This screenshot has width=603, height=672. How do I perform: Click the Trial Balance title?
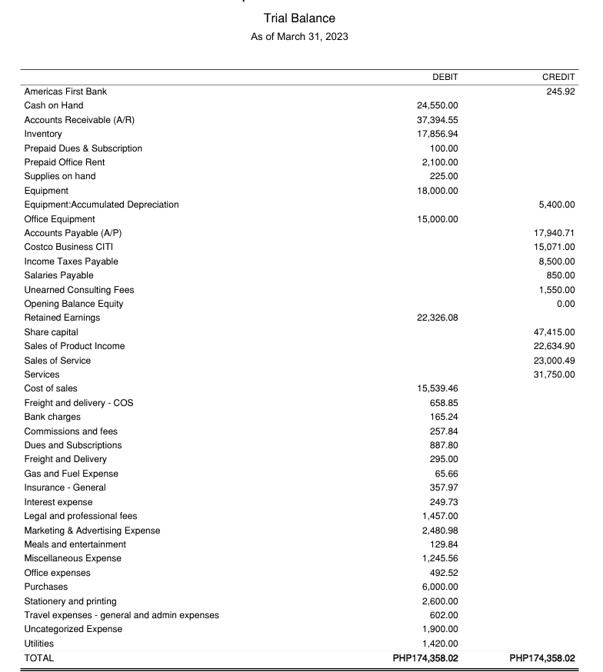coord(299,18)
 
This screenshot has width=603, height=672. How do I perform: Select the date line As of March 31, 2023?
coord(299,37)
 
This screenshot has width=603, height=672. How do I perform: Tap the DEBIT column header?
coord(445,77)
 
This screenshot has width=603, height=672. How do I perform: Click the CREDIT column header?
coord(558,77)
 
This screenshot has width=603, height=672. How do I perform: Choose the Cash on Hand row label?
coord(54,105)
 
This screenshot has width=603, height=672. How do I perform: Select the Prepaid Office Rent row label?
coord(65,162)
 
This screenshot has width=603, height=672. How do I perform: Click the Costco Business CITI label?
coord(68,247)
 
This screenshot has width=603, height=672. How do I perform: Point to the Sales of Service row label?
coord(58,361)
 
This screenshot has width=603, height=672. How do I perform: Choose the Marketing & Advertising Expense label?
coord(92,531)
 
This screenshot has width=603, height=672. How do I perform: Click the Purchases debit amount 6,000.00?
coord(440,587)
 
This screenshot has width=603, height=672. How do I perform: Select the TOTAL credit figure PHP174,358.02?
coord(541,658)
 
